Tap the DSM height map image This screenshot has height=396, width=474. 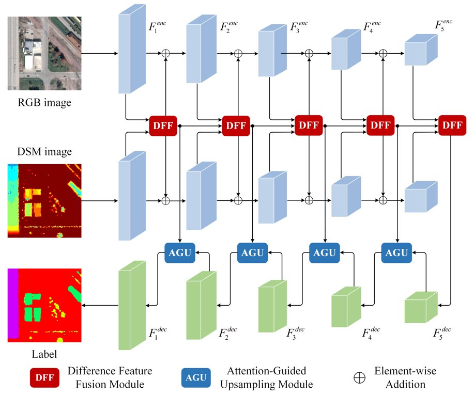click(x=44, y=201)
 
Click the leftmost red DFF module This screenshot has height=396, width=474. click(x=163, y=125)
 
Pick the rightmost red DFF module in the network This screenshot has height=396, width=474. click(x=452, y=125)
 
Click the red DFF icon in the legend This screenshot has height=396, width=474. click(x=45, y=377)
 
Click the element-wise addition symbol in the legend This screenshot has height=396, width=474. click(x=359, y=377)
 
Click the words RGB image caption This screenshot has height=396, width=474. click(x=44, y=103)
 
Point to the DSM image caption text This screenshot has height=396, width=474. click(x=44, y=151)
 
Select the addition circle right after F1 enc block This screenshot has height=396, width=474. click(x=166, y=53)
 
